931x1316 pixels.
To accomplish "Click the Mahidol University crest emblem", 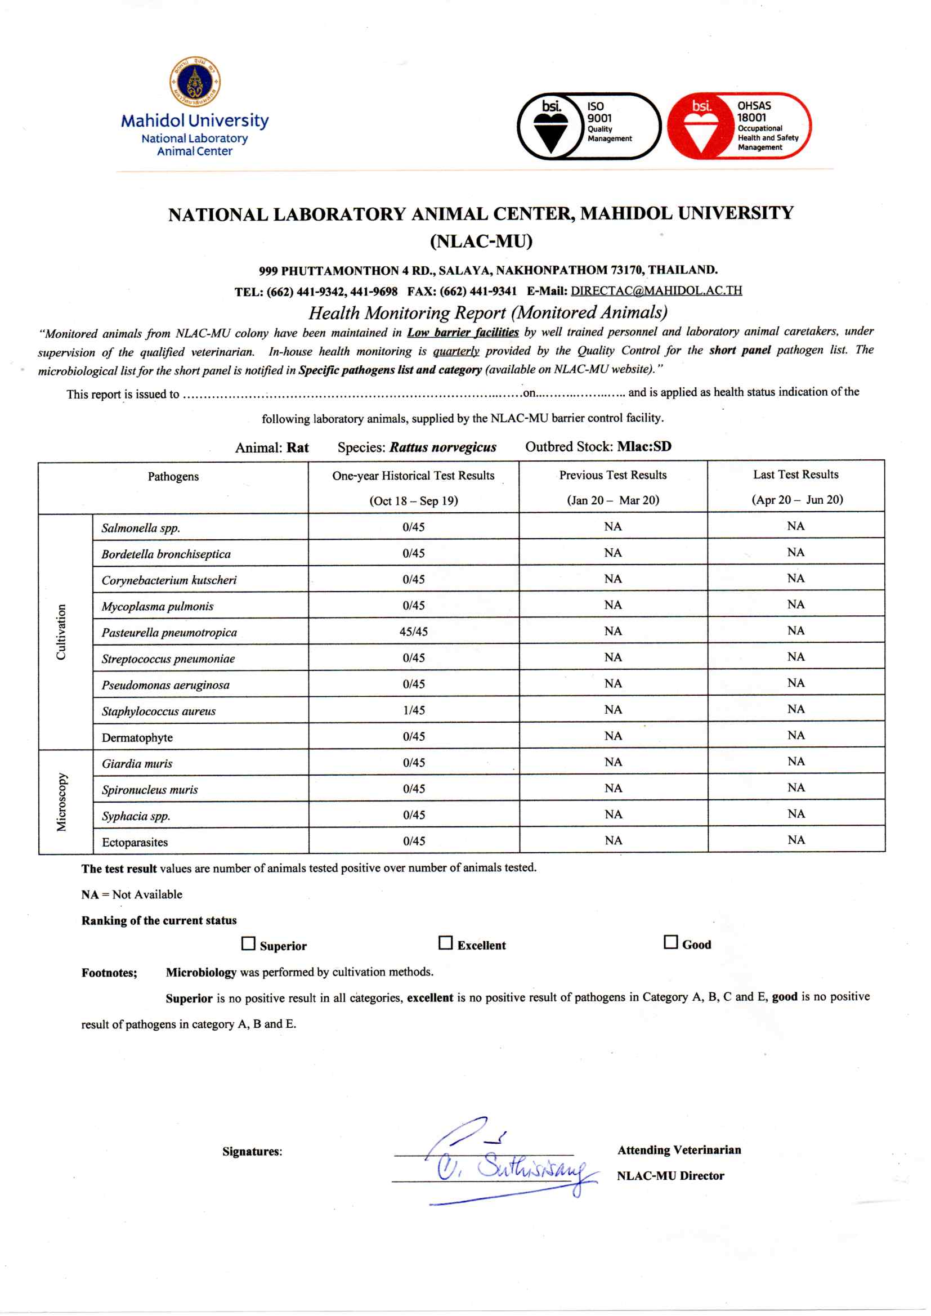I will pos(195,82).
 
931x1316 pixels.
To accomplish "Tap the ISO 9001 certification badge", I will pos(589,126).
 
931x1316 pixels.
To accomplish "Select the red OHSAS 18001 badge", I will pos(739,126).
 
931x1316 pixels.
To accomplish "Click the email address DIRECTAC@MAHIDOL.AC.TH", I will pos(656,290).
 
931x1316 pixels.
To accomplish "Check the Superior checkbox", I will pos(248,943).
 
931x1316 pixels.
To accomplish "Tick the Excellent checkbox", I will pos(445,942).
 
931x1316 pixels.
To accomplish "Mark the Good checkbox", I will pos(670,942).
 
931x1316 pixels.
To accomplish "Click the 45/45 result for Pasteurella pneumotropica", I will pos(413,632).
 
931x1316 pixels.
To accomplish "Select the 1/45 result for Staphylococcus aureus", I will pos(413,710).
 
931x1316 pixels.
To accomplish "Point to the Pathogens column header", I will pos(173,476).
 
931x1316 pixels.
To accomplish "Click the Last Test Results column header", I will pos(796,475).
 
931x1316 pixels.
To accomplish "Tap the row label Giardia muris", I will pos(137,763).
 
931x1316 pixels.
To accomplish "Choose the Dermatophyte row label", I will pos(137,738).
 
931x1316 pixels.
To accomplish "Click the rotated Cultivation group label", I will pos(61,632).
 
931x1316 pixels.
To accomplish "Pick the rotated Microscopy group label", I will pos(61,802).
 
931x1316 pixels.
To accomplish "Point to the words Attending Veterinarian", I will pos(679,1150).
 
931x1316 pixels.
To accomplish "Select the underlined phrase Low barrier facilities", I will pos(463,333).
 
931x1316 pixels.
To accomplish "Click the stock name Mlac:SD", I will pos(644,446).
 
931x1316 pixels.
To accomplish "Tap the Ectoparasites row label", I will pos(135,842).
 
